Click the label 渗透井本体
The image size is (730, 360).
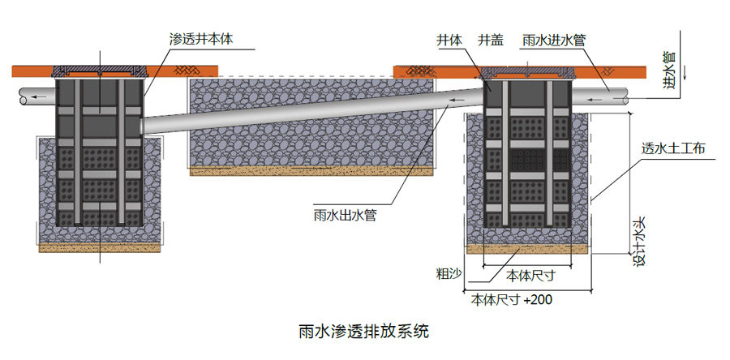pos(200,38)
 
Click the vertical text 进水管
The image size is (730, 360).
pos(669,66)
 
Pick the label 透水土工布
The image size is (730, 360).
pos(672,148)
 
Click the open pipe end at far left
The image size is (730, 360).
pos(25,97)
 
